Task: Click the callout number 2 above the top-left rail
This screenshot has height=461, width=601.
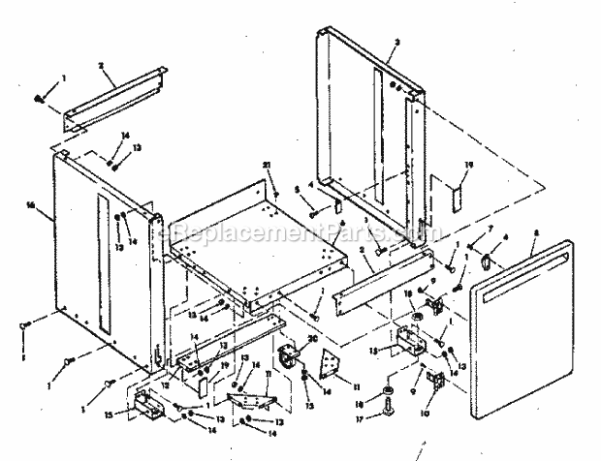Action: click(x=100, y=65)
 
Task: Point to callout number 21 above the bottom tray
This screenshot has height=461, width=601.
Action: click(x=265, y=166)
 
